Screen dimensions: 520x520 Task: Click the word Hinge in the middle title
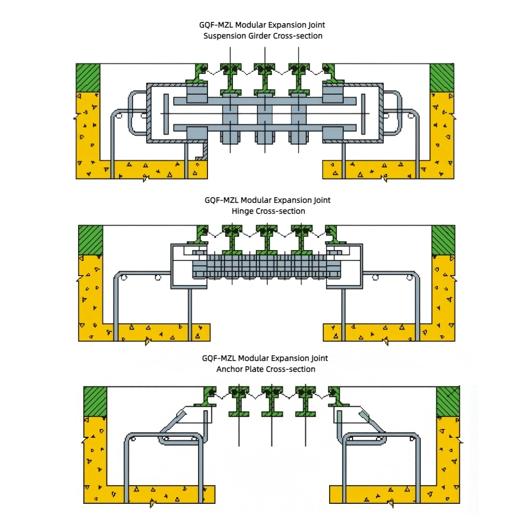click(x=242, y=211)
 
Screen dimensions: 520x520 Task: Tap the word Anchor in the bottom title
click(x=229, y=369)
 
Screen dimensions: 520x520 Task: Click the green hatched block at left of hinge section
click(x=89, y=240)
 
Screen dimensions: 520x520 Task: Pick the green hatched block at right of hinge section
click(x=443, y=240)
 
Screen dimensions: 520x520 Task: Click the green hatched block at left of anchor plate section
click(x=95, y=401)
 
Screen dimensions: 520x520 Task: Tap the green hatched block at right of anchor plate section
click(x=448, y=401)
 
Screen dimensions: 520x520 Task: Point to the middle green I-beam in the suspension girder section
click(x=265, y=78)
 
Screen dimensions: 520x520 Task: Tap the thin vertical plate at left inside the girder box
click(x=165, y=114)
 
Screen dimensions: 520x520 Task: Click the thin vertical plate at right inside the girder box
click(x=363, y=114)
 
